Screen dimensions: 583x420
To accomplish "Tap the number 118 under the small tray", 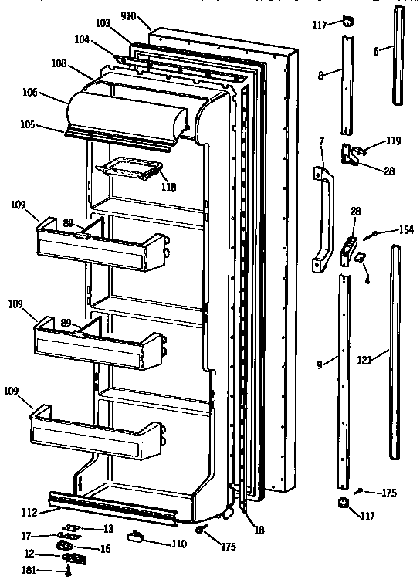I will point(168,187).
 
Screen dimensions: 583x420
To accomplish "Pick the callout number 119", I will point(394,141).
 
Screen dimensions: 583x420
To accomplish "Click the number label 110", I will point(178,544).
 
